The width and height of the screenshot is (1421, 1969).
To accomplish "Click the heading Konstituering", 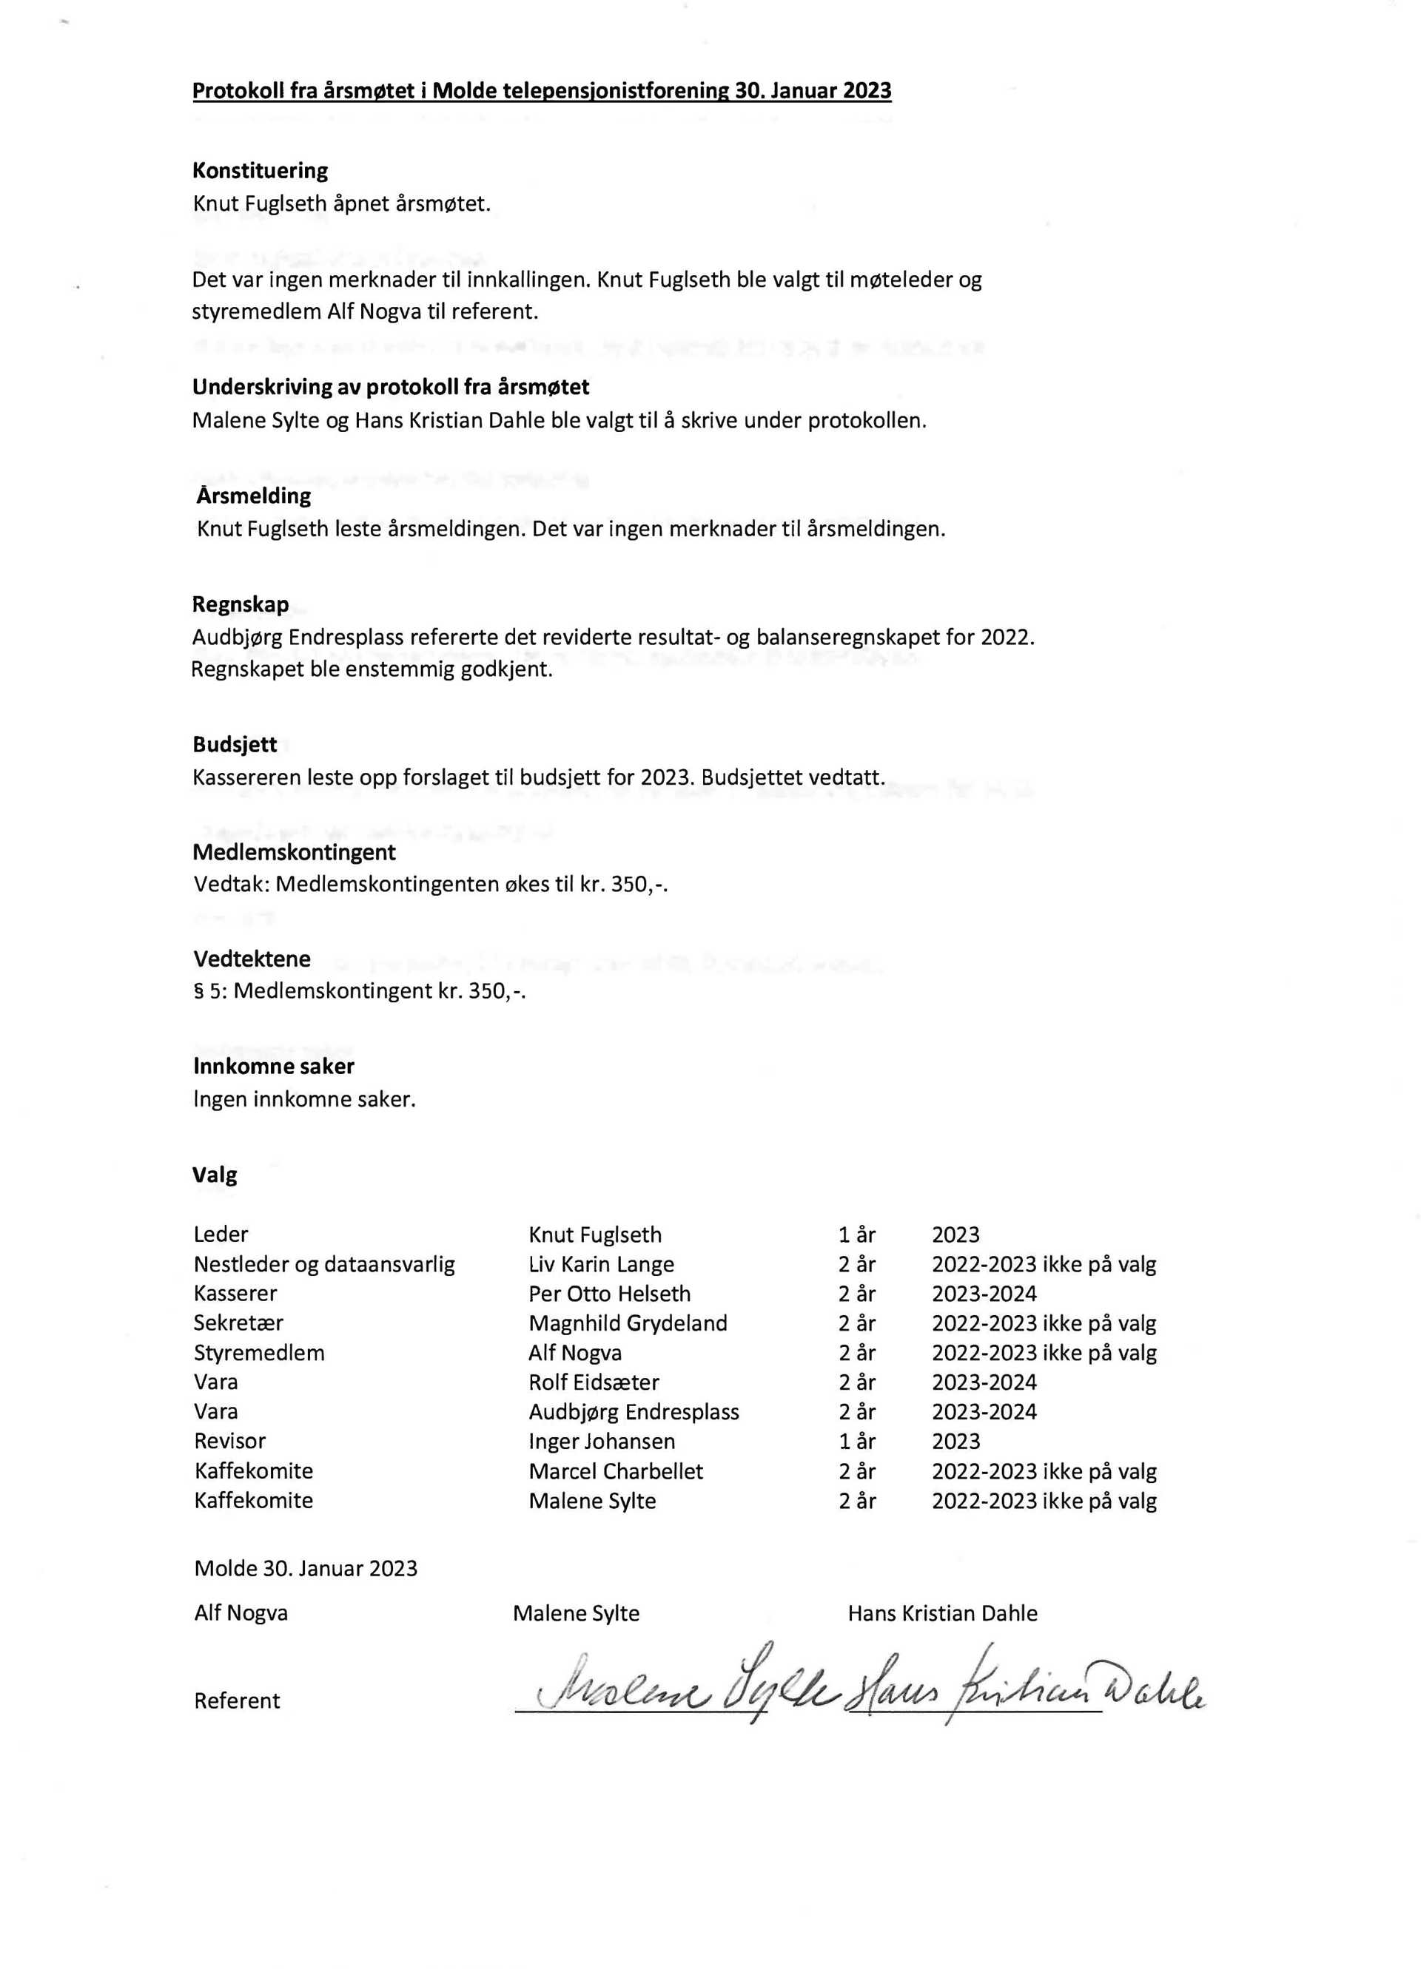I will [260, 170].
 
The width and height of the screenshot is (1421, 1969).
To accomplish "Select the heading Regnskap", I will [241, 604].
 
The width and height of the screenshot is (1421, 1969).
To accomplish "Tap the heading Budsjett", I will [235, 744].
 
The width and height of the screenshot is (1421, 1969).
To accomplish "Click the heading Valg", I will [215, 1175].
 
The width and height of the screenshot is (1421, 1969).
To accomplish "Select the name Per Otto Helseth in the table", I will [609, 1294].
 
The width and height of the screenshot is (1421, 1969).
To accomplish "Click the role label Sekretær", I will [238, 1323].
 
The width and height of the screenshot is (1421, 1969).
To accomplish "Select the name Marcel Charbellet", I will [615, 1470].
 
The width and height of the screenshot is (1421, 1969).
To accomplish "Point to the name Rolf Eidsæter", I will [594, 1382].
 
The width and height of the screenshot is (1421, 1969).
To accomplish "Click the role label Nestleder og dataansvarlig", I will [324, 1264].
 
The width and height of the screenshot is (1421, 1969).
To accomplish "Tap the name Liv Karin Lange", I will [601, 1264].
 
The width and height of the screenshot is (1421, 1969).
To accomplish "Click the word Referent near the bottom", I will [237, 1700].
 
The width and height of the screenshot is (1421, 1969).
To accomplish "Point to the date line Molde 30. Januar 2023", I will [306, 1568].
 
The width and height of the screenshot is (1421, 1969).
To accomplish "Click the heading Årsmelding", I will [254, 496].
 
